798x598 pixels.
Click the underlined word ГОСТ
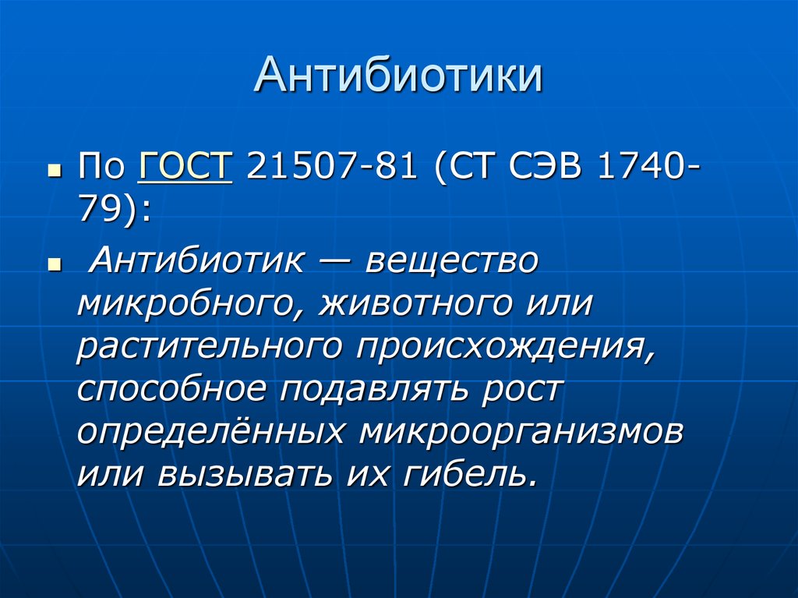[185, 168]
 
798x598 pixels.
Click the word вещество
[452, 261]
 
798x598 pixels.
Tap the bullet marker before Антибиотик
[54, 264]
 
